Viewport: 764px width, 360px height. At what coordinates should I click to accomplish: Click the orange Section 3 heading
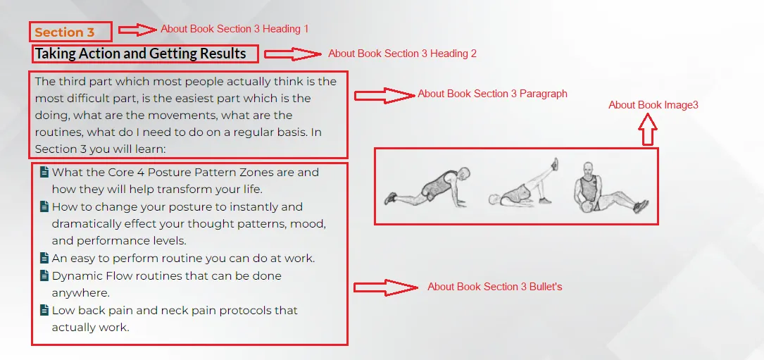click(64, 32)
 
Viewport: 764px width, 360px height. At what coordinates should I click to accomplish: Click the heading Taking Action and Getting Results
click(140, 53)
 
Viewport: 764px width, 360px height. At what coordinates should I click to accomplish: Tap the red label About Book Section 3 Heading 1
click(234, 29)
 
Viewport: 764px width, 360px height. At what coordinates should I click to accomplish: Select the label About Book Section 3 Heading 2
click(402, 54)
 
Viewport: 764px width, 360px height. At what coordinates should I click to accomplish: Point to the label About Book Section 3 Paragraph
click(492, 94)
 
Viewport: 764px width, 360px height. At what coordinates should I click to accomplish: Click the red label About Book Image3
click(653, 105)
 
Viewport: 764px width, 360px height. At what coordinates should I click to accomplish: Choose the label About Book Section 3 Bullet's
click(494, 287)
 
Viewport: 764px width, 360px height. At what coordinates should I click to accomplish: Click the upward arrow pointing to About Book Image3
click(648, 129)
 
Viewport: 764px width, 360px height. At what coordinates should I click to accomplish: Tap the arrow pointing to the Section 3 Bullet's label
click(385, 287)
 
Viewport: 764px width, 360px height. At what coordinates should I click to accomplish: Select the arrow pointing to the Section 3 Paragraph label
click(384, 96)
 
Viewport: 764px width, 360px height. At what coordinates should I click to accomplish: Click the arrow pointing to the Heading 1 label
click(138, 30)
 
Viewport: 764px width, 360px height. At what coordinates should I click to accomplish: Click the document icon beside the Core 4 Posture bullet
click(44, 172)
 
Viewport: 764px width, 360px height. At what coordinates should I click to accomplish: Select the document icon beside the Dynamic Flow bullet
click(44, 275)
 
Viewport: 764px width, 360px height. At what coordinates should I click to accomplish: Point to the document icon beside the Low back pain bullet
click(44, 310)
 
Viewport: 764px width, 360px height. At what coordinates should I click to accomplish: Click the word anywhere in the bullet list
click(80, 293)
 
